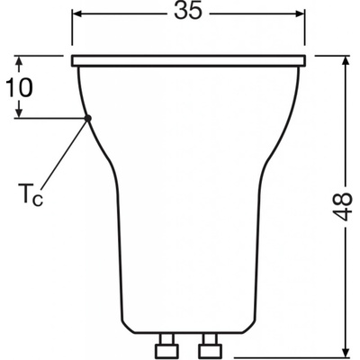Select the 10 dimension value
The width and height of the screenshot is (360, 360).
click(x=19, y=87)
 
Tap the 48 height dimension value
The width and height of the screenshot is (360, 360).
click(x=342, y=207)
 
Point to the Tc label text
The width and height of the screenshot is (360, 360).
click(x=31, y=195)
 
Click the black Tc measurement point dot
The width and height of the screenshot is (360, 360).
click(x=87, y=118)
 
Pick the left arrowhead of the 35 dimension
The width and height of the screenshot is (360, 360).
click(x=78, y=13)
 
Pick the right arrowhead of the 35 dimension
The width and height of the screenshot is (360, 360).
click(x=299, y=13)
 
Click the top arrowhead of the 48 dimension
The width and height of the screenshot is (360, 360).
click(x=346, y=61)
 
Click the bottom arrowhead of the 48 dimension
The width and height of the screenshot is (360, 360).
click(x=346, y=349)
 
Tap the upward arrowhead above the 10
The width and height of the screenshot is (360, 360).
click(x=19, y=62)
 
